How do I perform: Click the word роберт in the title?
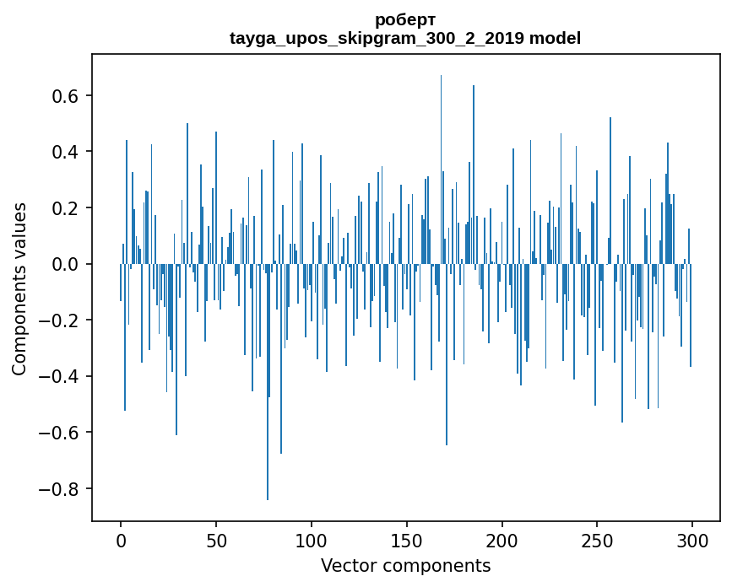point(405,20)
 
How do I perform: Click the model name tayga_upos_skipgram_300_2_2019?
point(377,38)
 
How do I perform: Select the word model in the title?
point(555,38)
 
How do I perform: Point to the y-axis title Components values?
point(19,289)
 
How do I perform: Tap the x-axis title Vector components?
point(405,566)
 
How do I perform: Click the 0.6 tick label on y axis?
point(65,95)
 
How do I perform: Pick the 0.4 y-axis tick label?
point(65,152)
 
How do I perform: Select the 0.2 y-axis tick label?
point(65,208)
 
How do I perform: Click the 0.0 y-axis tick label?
point(65,264)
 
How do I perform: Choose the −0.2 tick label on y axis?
point(59,320)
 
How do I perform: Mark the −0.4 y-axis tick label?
point(59,377)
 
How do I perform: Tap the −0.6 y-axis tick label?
point(59,433)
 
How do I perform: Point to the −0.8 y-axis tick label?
point(59,489)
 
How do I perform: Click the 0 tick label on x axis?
point(121,541)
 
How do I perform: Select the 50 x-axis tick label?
point(216,541)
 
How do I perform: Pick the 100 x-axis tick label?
point(312,541)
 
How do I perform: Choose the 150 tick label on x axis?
point(407,541)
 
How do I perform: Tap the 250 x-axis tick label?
point(597,541)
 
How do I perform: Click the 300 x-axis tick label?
point(692,541)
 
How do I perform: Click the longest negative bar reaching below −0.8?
point(268,382)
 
